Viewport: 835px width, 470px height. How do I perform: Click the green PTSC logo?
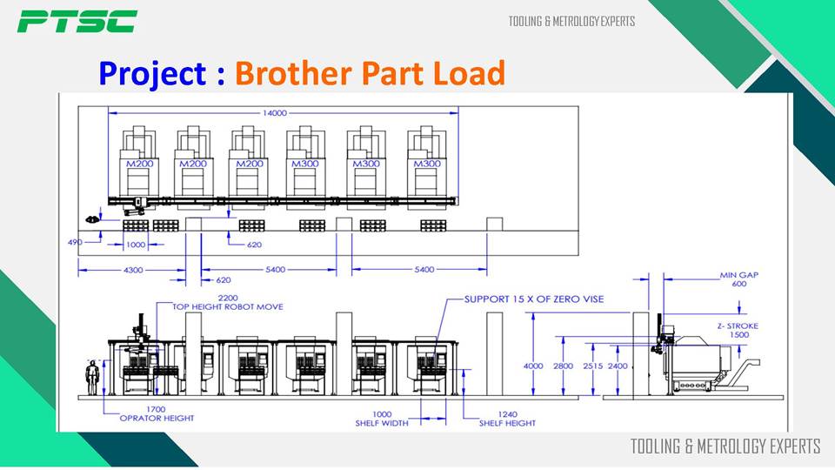77,21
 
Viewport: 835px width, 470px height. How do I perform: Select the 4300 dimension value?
132,270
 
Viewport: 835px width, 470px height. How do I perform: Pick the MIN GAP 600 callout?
738,279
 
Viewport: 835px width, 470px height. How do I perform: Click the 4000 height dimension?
533,366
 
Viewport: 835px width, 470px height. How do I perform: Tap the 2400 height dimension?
618,366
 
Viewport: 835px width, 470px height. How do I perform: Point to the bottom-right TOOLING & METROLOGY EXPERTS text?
725,446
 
